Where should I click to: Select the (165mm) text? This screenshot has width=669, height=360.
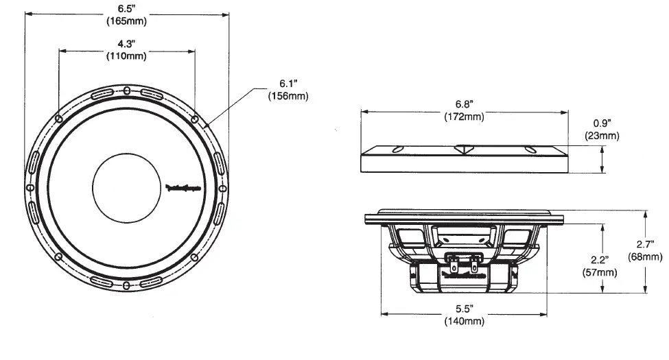coord(126,21)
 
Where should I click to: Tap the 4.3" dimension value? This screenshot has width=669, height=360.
coord(126,44)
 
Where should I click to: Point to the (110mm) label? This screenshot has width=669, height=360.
coord(126,56)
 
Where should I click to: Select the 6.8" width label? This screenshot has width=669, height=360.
coord(464,104)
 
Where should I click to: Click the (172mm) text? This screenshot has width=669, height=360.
coord(464,116)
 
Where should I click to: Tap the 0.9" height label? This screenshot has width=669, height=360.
coord(602,124)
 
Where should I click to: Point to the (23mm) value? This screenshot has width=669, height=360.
coord(602,136)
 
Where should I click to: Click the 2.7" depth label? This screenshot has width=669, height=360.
coord(646,245)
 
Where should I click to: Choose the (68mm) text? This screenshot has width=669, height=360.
coord(646,256)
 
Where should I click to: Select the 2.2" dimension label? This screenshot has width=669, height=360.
coord(599,261)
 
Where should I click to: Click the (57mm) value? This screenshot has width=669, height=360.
coord(599,272)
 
